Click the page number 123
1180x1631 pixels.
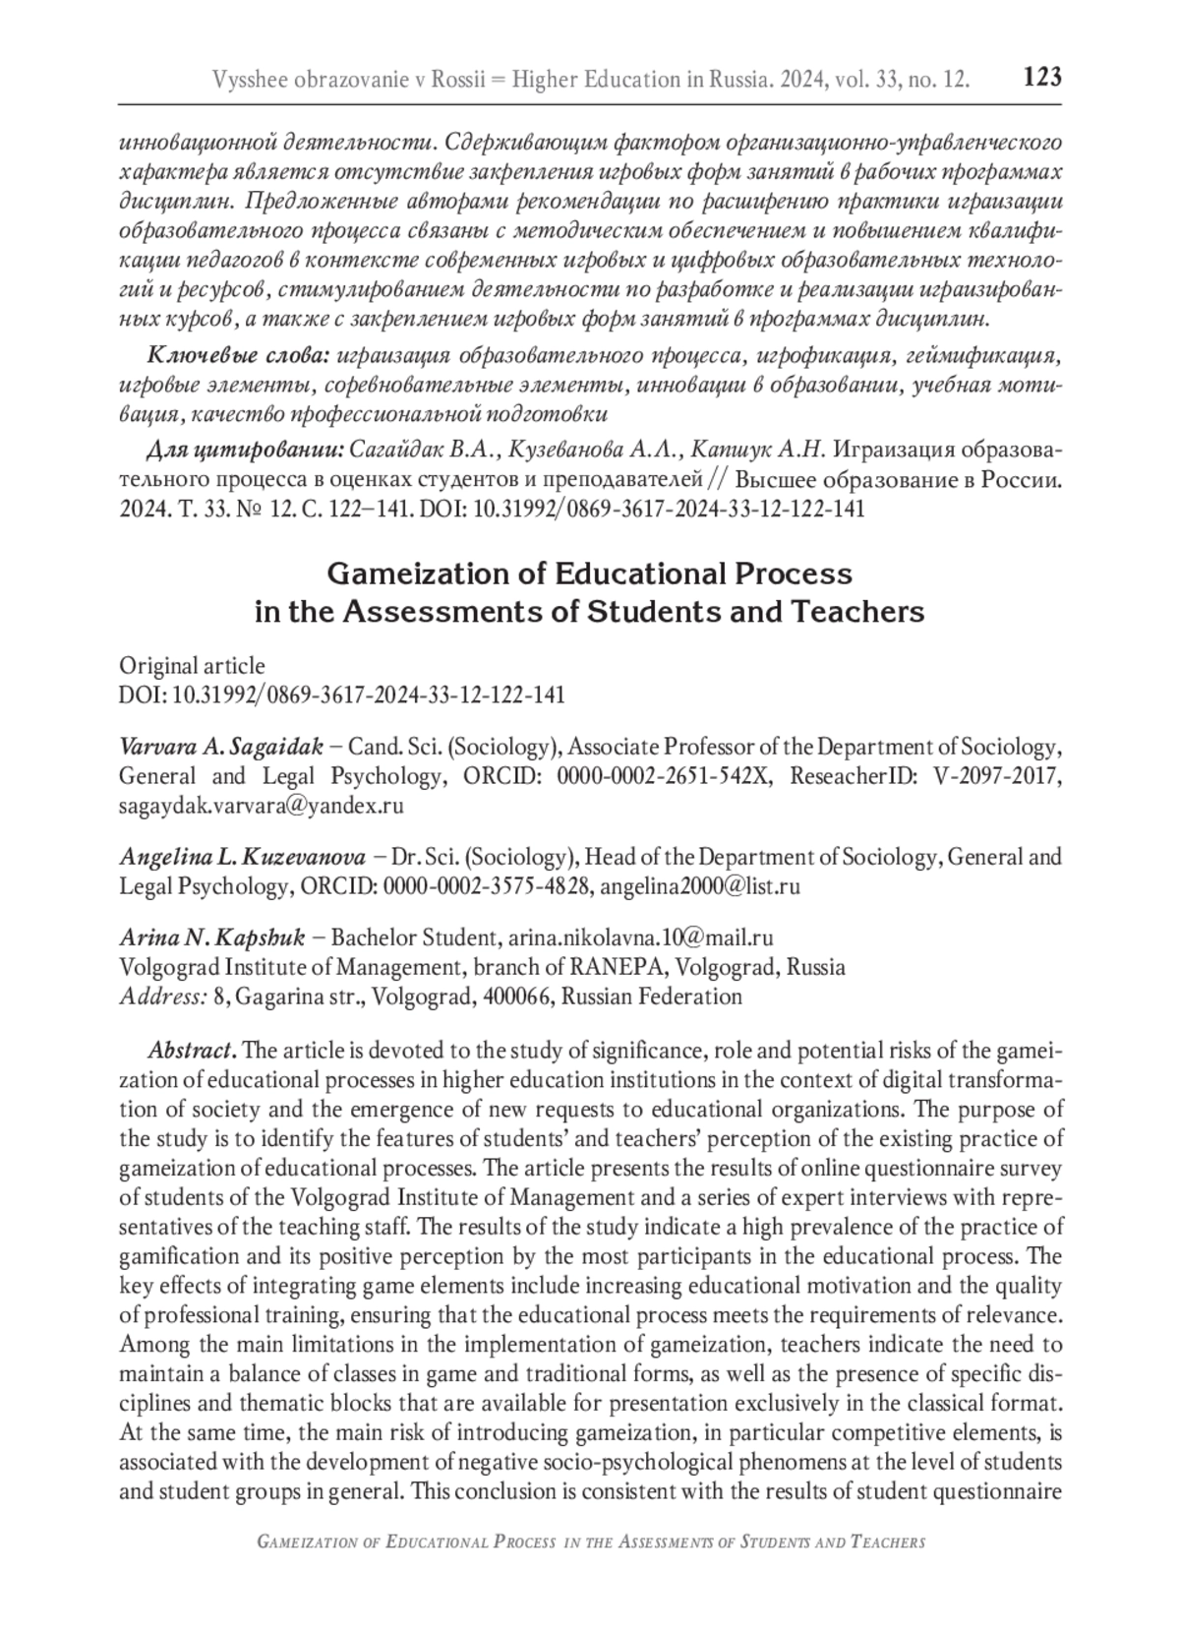[1042, 77]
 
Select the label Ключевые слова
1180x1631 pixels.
[231, 354]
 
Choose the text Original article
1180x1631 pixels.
[192, 666]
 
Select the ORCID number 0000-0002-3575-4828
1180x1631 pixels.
[488, 886]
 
